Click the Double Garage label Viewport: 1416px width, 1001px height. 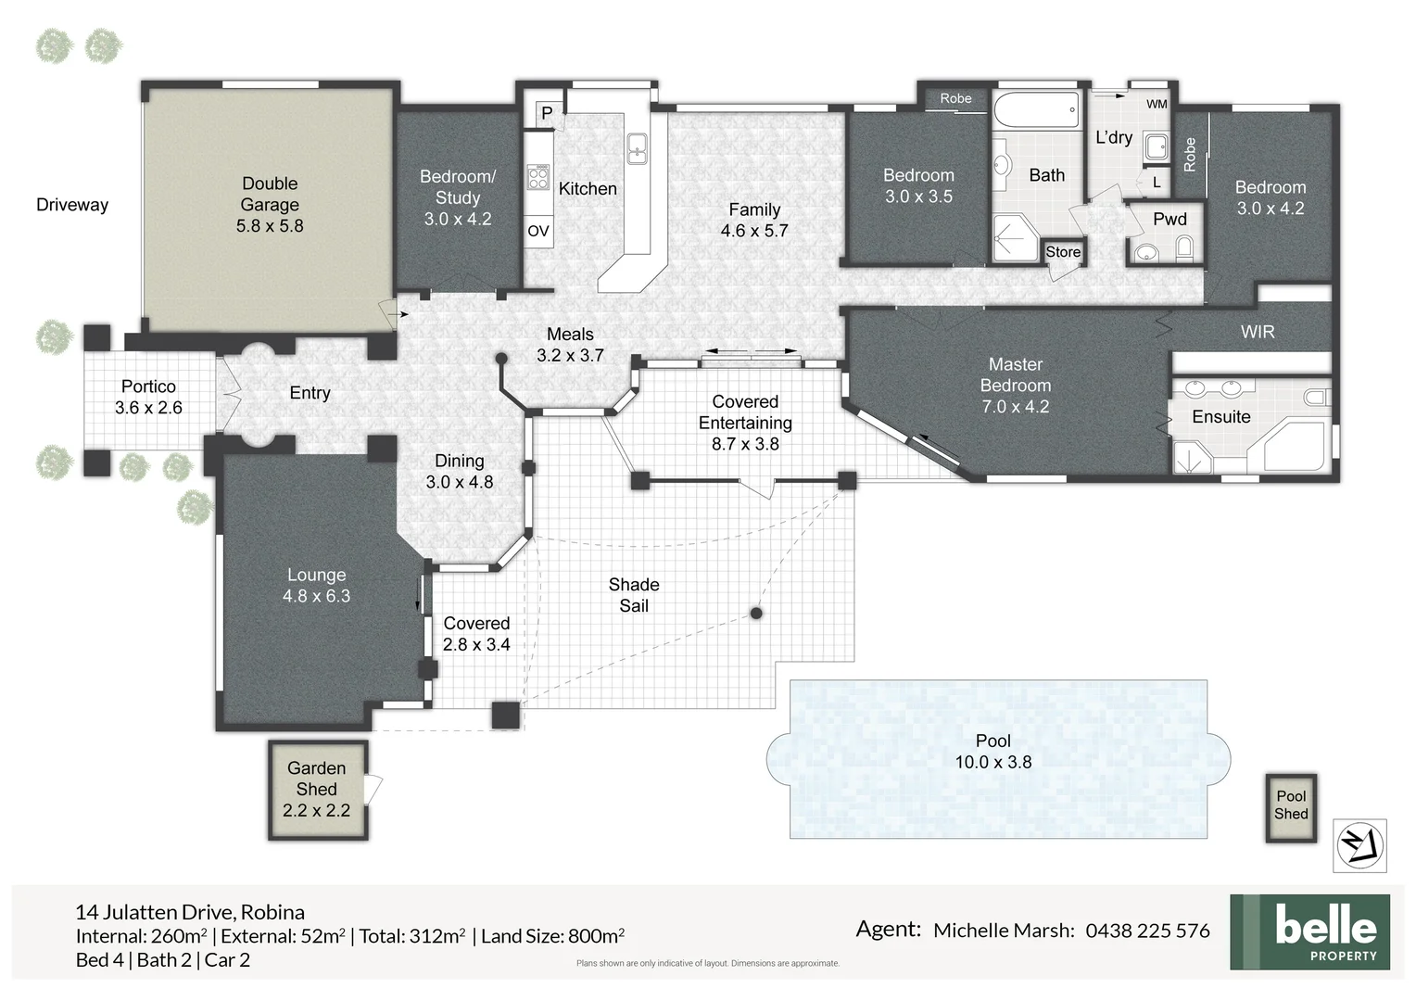(270, 204)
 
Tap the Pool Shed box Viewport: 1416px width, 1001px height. (1291, 805)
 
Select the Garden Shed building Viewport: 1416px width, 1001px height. (317, 789)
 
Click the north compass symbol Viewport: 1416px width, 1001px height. (1359, 845)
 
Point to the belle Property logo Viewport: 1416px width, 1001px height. (1309, 931)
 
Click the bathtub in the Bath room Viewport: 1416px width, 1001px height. (1036, 110)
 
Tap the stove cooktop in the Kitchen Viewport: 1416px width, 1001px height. (538, 177)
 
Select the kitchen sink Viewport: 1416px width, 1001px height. (637, 148)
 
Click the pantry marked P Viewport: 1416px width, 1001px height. (547, 113)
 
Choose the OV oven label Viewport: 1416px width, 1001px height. (538, 231)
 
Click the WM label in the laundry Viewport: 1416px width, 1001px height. (1157, 104)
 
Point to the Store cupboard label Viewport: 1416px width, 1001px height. (1063, 252)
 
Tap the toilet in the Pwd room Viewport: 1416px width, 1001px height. (1184, 247)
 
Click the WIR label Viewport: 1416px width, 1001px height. (1257, 332)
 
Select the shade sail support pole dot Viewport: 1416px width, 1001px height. (756, 614)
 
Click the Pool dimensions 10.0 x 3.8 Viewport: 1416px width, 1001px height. (992, 762)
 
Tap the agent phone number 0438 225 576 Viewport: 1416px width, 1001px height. (1147, 931)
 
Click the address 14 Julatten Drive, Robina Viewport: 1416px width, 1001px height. (190, 912)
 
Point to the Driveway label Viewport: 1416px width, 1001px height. (72, 205)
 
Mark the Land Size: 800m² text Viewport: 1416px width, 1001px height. (552, 936)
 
